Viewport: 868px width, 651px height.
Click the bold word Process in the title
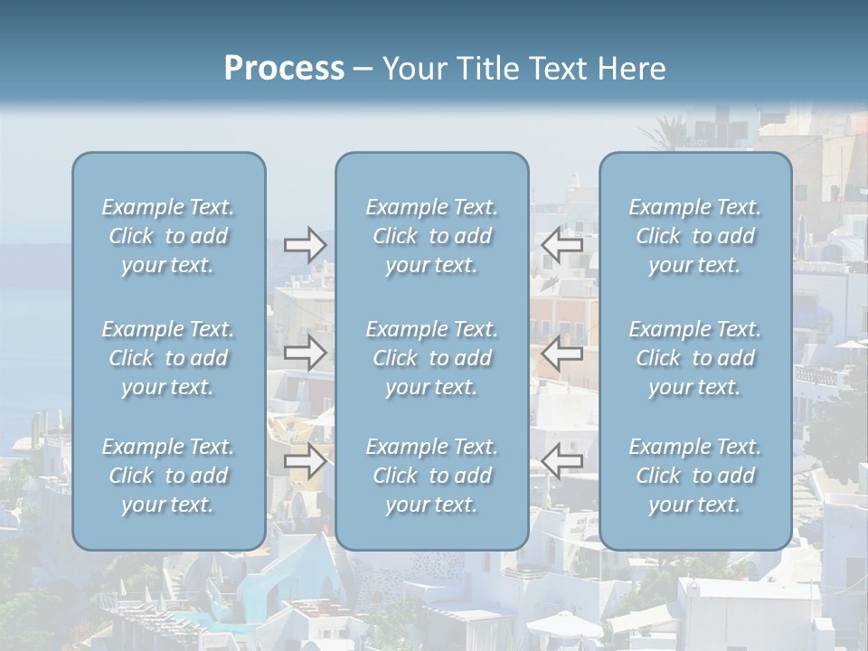click(284, 69)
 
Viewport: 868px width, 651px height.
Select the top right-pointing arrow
click(306, 245)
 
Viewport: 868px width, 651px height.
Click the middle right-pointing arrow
click(306, 353)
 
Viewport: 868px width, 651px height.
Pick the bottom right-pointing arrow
click(306, 461)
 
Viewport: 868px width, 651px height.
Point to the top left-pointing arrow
click(561, 245)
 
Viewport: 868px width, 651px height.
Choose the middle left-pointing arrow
click(561, 353)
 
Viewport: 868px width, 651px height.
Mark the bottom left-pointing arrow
click(561, 461)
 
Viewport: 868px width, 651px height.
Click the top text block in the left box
click(168, 236)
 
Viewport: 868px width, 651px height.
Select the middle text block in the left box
click(168, 358)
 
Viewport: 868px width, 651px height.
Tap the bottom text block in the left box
click(168, 476)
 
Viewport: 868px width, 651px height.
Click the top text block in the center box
click(432, 236)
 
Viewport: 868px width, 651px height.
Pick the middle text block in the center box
click(432, 358)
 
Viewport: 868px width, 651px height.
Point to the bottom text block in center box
click(432, 476)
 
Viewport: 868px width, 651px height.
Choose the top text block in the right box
click(695, 236)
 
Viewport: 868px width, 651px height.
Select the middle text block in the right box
click(695, 358)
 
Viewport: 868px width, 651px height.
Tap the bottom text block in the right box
click(695, 476)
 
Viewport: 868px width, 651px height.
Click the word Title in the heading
click(489, 69)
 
